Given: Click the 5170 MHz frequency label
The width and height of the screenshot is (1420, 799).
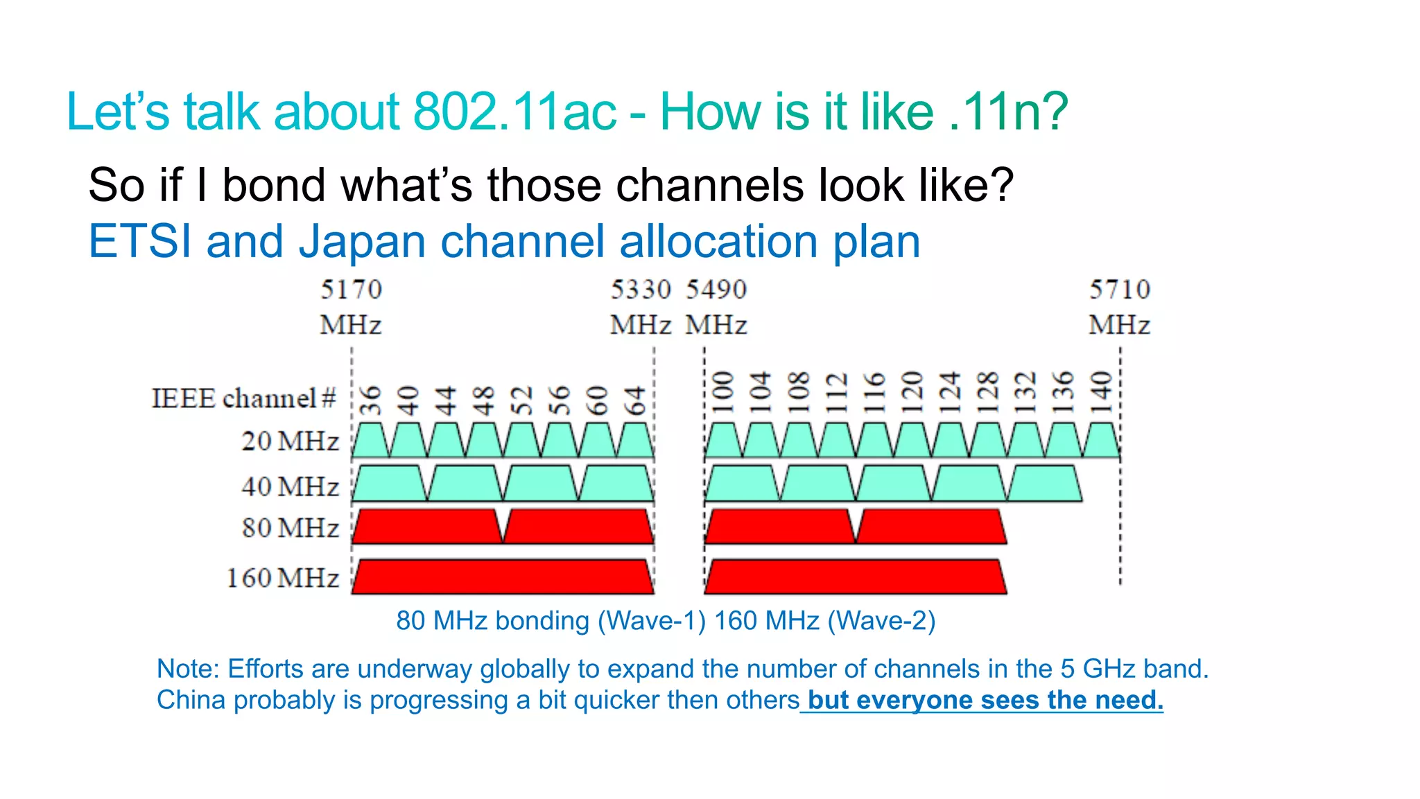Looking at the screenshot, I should coord(351,306).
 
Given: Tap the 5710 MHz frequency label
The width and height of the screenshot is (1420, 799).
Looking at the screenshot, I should coord(1119,306).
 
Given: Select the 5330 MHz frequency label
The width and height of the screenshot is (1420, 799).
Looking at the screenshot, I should coord(641,306).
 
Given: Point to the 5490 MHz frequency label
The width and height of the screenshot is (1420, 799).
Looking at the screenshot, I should coord(717,306).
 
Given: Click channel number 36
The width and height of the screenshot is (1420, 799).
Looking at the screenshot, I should coord(371,400).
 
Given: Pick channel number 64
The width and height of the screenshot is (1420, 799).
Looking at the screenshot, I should coord(634,400).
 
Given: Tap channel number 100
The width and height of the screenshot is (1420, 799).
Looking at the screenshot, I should coord(723,392).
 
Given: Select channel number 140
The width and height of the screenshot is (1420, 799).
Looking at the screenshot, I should coord(1101,392).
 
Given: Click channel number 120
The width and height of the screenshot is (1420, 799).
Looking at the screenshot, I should coord(912,392).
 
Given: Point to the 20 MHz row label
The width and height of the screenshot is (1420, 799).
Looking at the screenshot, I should coord(290,441).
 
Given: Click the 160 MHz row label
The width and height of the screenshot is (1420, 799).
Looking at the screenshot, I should coord(283,578).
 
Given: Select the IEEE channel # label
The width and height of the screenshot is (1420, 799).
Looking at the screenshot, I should coord(243,398).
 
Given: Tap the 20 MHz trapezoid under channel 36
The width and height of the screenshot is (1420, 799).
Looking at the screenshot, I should coord(371,442).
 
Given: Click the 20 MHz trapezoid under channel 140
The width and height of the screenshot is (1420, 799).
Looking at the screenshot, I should coord(1101,442).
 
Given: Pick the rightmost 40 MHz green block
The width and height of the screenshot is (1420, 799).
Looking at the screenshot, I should coord(1044,484).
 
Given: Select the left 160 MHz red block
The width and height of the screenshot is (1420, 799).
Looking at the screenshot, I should coord(503,577).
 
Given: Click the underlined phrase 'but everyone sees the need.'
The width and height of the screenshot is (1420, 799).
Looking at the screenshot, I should coord(985,700).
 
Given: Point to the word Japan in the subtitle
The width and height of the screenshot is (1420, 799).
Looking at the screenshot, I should coord(362,242).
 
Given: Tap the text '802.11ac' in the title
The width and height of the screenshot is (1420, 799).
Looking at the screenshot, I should coord(514,112).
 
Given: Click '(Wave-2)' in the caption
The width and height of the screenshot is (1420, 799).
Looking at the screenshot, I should coord(881,620).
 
